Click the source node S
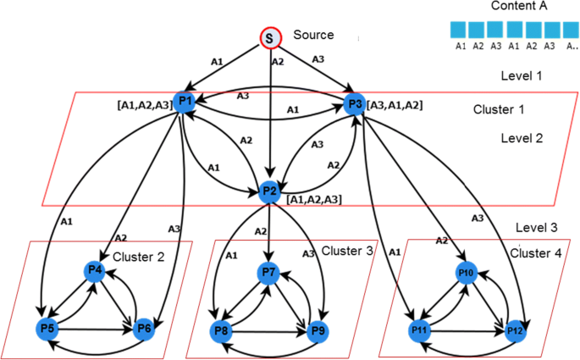[268, 37]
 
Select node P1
[185, 102]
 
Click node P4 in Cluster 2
[95, 271]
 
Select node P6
[145, 328]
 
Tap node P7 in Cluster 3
[268, 272]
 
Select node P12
[514, 328]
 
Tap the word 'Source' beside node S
[313, 35]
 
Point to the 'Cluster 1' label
[500, 110]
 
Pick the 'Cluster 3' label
[346, 251]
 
